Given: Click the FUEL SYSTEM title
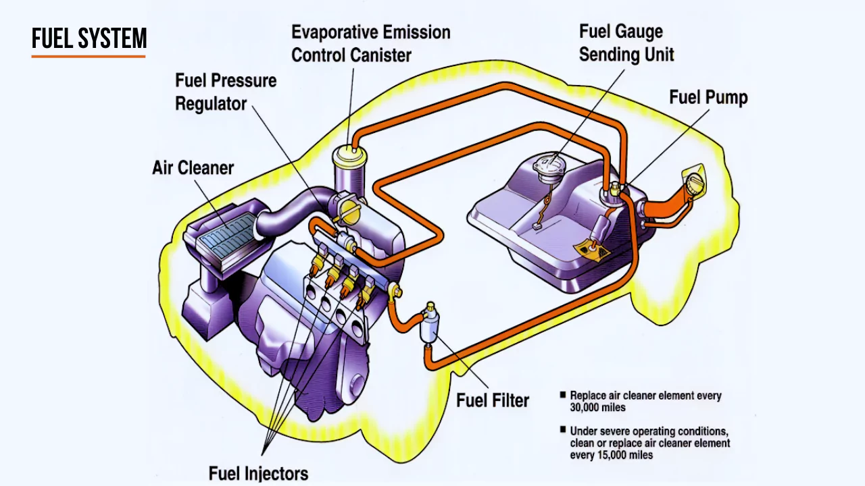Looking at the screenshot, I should click(x=89, y=39).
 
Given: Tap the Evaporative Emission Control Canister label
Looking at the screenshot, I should click(x=370, y=43).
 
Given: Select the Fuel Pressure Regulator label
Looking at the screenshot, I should click(x=226, y=92).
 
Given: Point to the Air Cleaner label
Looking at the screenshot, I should click(x=193, y=167).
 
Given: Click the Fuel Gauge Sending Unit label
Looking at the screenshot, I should click(x=626, y=43).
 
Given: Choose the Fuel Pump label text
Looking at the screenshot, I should click(x=708, y=97).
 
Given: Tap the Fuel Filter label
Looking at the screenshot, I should click(x=493, y=400).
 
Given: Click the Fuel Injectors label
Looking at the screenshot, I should click(x=258, y=473).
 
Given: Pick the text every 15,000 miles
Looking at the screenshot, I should click(x=612, y=455).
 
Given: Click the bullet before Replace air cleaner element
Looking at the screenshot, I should click(x=562, y=396).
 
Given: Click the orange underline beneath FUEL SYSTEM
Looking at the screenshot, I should click(x=89, y=56).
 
